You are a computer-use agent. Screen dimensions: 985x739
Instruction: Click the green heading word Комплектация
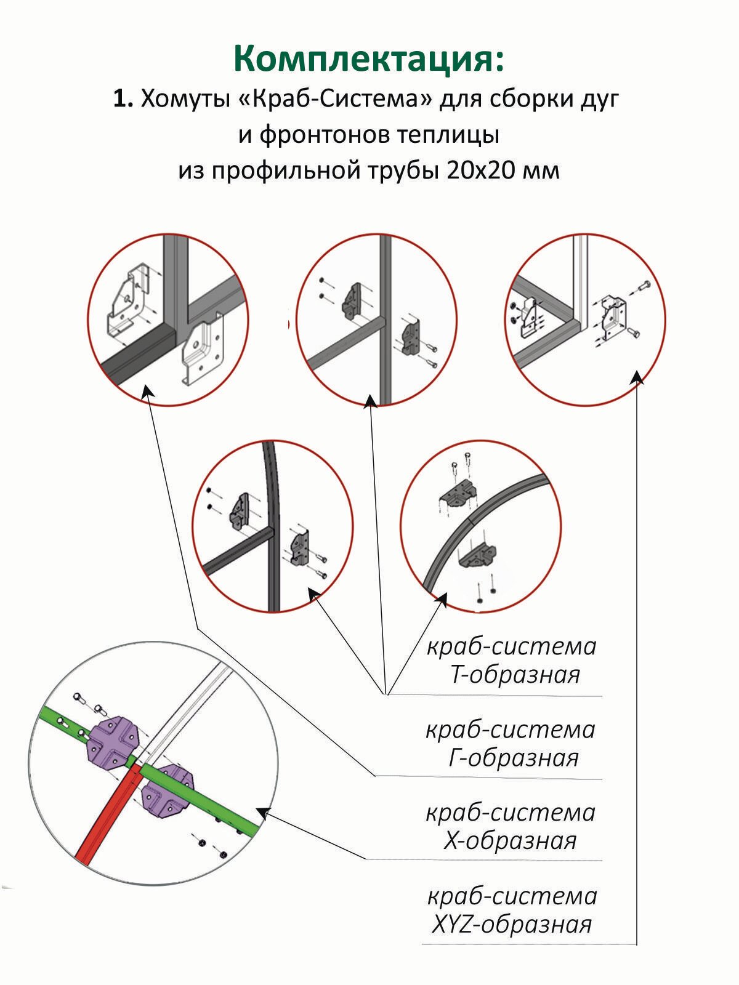(368, 60)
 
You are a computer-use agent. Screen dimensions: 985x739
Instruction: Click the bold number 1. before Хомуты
(123, 99)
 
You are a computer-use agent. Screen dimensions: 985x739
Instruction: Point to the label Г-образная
(514, 758)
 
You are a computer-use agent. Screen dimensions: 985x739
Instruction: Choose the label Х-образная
(510, 840)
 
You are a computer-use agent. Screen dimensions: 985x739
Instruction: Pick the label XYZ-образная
(512, 924)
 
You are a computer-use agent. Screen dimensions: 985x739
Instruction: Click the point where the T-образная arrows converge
(387, 694)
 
